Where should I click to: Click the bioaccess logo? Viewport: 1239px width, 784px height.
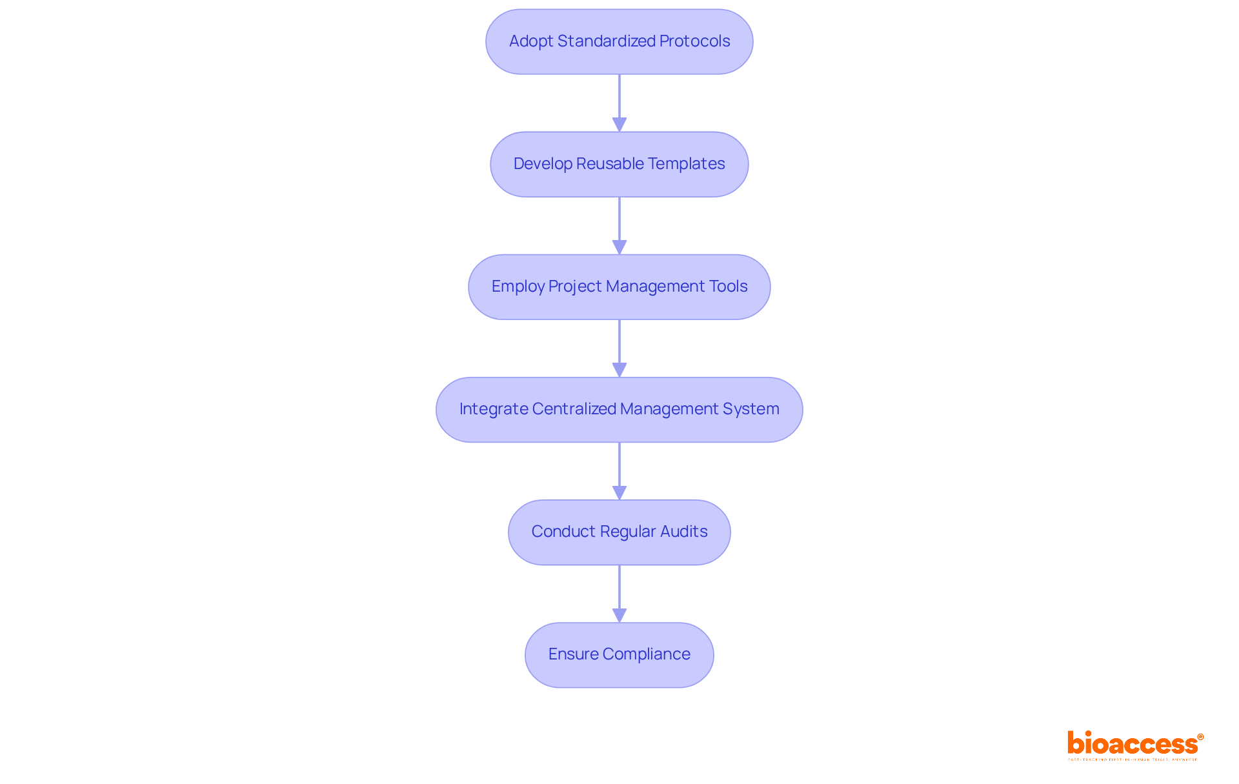[1134, 743]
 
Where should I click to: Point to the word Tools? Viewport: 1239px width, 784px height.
[728, 286]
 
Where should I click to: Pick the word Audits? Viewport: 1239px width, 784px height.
[683, 532]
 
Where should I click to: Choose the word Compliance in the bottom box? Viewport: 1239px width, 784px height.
[646, 654]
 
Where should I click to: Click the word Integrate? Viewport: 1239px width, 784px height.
[494, 409]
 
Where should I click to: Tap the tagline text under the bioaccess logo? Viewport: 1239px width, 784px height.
[1133, 759]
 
